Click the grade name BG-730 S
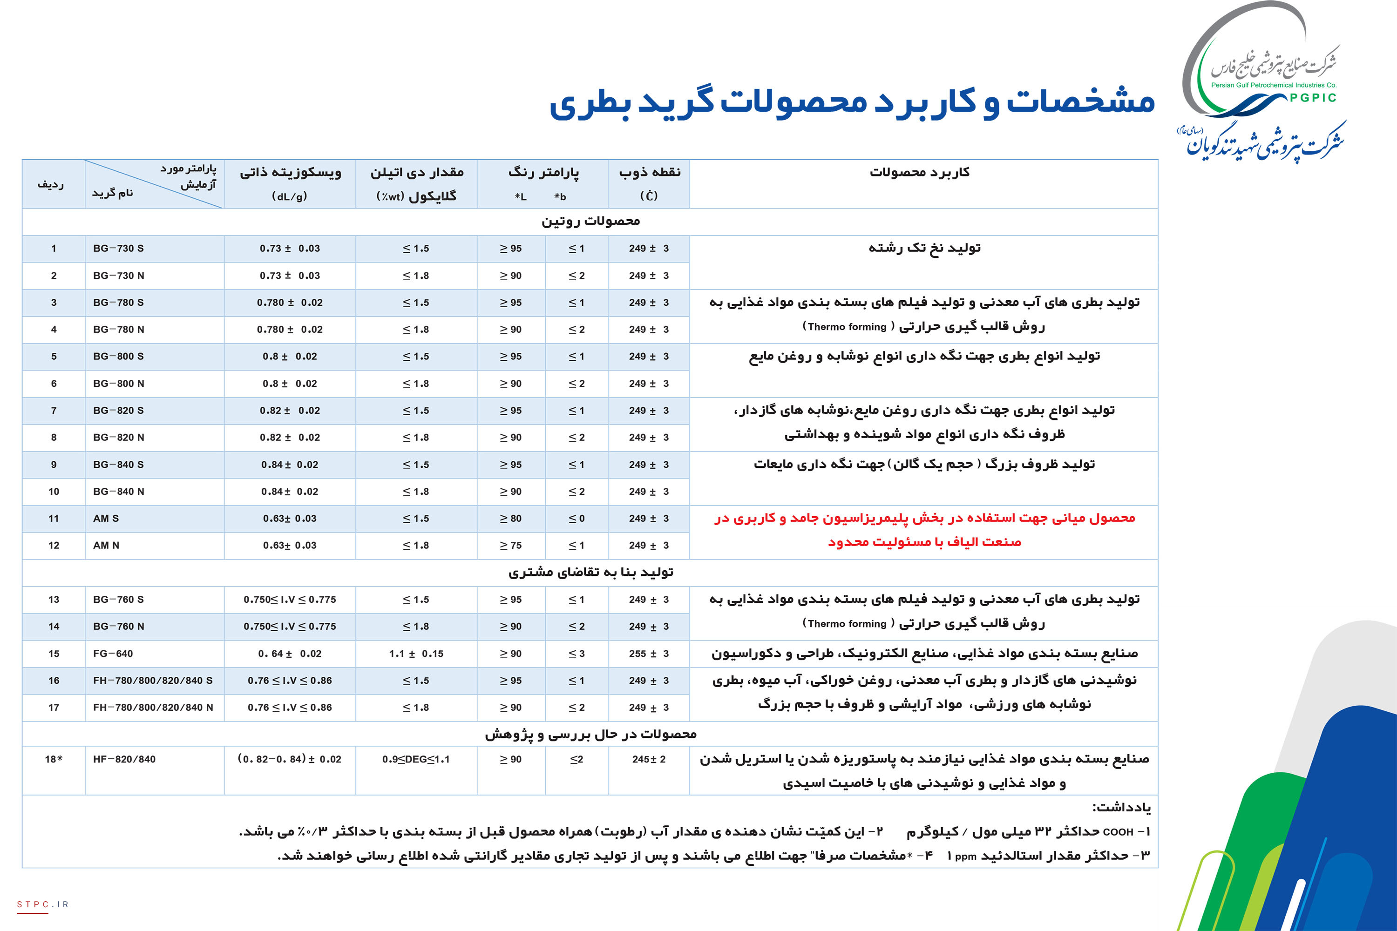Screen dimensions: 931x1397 click(118, 248)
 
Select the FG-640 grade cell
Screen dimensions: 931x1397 click(113, 653)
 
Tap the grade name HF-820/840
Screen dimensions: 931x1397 click(124, 759)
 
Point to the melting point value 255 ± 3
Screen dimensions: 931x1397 click(649, 653)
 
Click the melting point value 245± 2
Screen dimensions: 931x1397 click(649, 759)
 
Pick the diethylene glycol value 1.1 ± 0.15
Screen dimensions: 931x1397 click(416, 653)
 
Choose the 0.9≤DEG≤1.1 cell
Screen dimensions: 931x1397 click(416, 759)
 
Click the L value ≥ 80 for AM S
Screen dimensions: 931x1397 click(510, 519)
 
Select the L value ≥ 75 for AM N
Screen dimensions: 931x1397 click(510, 545)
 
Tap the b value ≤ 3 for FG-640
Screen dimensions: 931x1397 click(576, 653)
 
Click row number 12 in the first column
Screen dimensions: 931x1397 click(54, 545)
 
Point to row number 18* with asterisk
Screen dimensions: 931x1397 click(54, 759)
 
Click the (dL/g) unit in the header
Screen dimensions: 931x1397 click(289, 196)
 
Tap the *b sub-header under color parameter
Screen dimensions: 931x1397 click(560, 196)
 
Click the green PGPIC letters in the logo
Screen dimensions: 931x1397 click(1313, 98)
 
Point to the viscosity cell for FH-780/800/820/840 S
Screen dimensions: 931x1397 click(289, 681)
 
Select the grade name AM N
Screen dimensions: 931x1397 click(106, 545)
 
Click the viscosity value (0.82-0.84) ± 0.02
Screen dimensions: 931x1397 click(289, 759)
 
